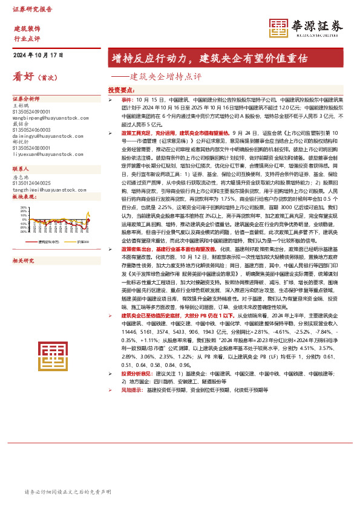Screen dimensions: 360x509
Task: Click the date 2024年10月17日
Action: [x=38, y=55]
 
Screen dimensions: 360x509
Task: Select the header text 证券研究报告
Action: [x=32, y=10]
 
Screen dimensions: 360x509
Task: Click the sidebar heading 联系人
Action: [x=21, y=169]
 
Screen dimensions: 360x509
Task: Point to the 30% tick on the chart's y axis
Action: [x=24, y=207]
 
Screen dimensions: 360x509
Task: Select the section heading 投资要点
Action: [x=121, y=89]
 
